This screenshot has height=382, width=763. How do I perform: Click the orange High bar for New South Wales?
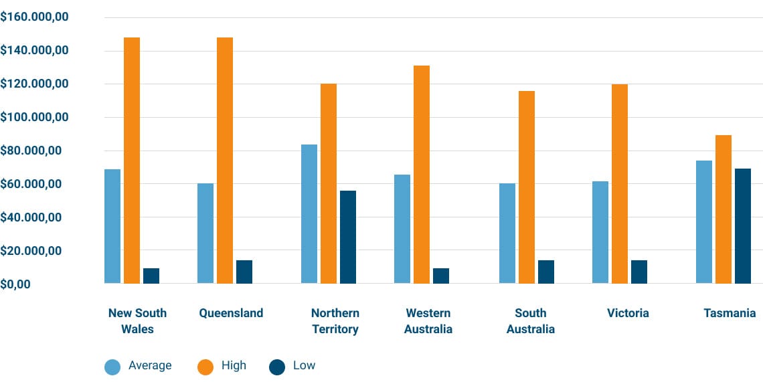[x=132, y=161]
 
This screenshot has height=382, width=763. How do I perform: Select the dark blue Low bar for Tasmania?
[x=743, y=226]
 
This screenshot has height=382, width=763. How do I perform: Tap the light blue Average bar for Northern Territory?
[x=309, y=214]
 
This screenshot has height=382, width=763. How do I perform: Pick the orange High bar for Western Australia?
[x=421, y=175]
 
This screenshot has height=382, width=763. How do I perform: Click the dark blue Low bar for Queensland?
[x=244, y=272]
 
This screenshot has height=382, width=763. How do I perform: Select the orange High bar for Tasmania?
[x=724, y=209]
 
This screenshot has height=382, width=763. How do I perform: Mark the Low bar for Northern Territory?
[x=348, y=237]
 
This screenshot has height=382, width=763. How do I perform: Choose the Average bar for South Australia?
[x=507, y=233]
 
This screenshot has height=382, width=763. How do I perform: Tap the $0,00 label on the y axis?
[x=16, y=284]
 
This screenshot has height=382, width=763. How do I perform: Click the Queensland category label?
[x=231, y=313]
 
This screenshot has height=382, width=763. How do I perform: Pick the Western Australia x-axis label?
[x=428, y=321]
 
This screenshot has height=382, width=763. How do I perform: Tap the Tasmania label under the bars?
[x=730, y=313]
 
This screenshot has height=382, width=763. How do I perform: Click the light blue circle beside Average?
[x=112, y=367]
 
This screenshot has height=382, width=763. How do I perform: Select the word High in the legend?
[x=234, y=366]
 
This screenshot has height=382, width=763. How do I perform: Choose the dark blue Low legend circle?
[x=277, y=367]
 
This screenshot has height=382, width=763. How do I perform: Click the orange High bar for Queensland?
[x=225, y=161]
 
